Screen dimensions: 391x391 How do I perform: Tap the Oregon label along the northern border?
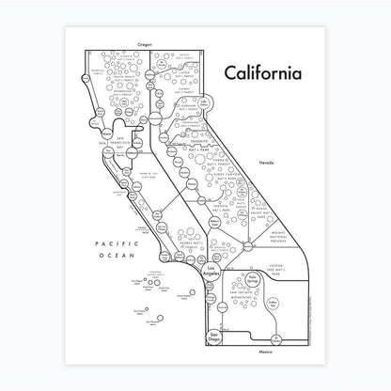click(x=143, y=44)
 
